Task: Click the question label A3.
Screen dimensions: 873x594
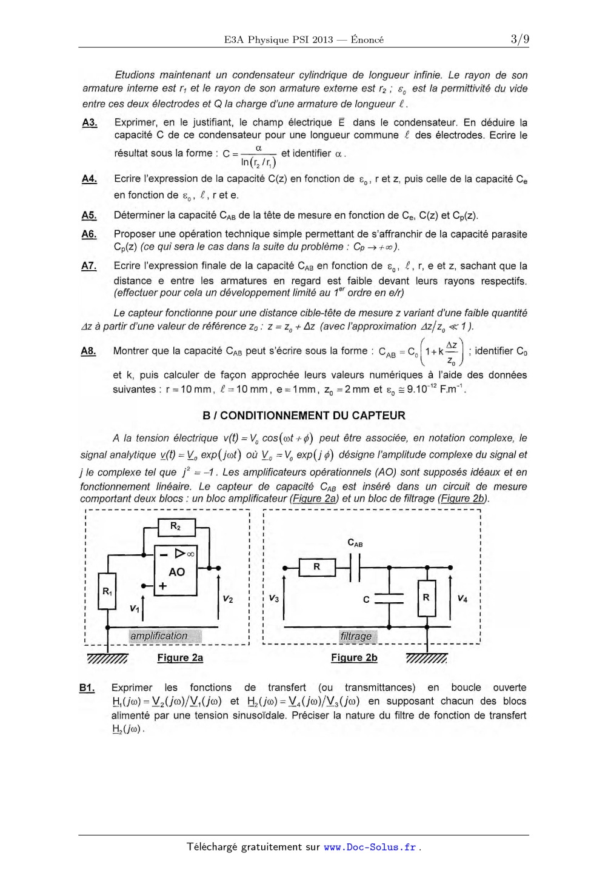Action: click(90, 122)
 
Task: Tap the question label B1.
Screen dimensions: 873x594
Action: click(87, 688)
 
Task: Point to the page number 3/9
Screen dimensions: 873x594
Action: click(519, 39)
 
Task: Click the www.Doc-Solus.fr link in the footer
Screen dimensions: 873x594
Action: click(370, 847)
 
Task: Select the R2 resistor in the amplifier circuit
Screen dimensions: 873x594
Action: click(176, 527)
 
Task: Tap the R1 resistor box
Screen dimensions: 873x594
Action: click(107, 591)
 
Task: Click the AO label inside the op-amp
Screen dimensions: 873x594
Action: click(176, 572)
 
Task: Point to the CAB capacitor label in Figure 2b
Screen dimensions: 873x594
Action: click(355, 543)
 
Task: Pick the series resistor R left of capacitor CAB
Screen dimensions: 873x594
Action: click(316, 567)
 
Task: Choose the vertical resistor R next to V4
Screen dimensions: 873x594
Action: click(426, 597)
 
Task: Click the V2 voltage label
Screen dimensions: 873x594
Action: click(227, 599)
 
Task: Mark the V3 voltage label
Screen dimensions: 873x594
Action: click(274, 599)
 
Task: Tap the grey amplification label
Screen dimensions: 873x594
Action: click(159, 636)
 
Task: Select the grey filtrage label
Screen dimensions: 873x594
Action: click(356, 636)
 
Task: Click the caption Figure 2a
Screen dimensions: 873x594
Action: click(180, 658)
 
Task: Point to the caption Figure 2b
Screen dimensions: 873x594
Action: click(354, 658)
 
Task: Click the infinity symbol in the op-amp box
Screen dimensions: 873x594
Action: click(190, 553)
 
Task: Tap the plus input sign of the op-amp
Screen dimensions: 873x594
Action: click(162, 586)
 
